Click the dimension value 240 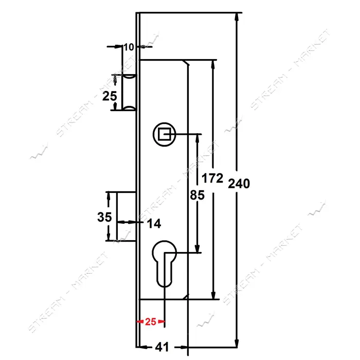pyautogui.click(x=239, y=184)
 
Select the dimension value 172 pyautogui.click(x=212, y=178)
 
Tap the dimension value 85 pyautogui.click(x=197, y=195)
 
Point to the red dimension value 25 pyautogui.click(x=151, y=321)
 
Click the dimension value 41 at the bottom pyautogui.click(x=162, y=347)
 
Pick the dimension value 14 pyautogui.click(x=154, y=223)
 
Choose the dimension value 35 pyautogui.click(x=104, y=217)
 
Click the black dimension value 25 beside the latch pyautogui.click(x=110, y=96)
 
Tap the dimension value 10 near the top pyautogui.click(x=129, y=47)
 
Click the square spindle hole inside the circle pyautogui.click(x=164, y=134)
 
